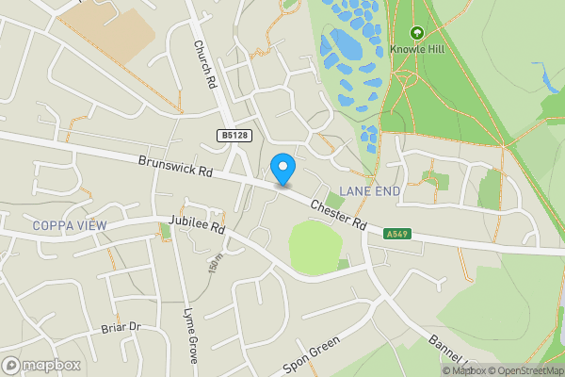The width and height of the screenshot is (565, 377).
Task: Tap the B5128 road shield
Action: pos(235,137)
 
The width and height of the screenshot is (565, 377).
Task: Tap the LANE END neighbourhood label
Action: pos(369,191)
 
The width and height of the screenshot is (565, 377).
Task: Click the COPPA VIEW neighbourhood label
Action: pos(69,225)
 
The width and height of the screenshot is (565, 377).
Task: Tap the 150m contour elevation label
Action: pos(216,263)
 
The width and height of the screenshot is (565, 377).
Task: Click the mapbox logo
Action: pos(40,365)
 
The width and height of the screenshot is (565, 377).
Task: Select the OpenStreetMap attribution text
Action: pos(530,370)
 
